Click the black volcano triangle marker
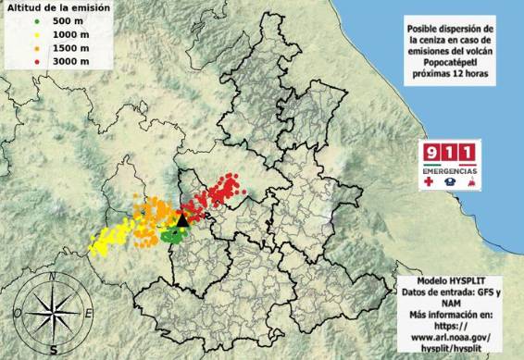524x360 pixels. (182, 219)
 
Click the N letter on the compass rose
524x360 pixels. (55, 276)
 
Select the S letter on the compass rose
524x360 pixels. (55, 350)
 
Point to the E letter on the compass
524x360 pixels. (89, 314)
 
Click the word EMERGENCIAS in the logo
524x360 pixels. (450, 172)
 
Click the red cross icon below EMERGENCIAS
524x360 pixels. (428, 184)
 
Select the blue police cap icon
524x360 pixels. (450, 184)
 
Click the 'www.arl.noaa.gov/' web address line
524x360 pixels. (451, 339)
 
